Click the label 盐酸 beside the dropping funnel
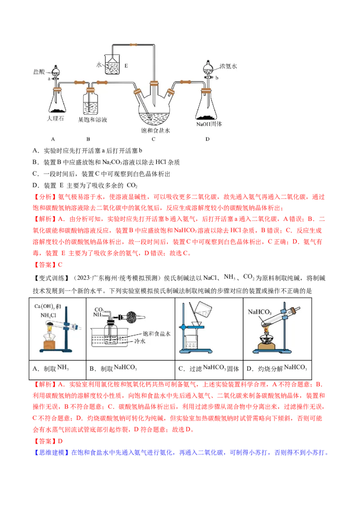pos(39,72)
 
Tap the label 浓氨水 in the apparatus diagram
pos(228,66)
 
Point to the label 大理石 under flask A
pos(55,119)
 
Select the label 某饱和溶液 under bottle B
pos(93,120)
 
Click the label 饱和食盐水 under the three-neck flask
pos(155,130)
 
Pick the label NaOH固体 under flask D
pos(209,124)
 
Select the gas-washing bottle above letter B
pos(90,103)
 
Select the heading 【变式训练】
pos(52,278)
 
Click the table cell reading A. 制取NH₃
pos(58,370)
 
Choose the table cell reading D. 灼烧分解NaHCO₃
pos(277,370)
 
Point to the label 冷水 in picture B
pos(140,341)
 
